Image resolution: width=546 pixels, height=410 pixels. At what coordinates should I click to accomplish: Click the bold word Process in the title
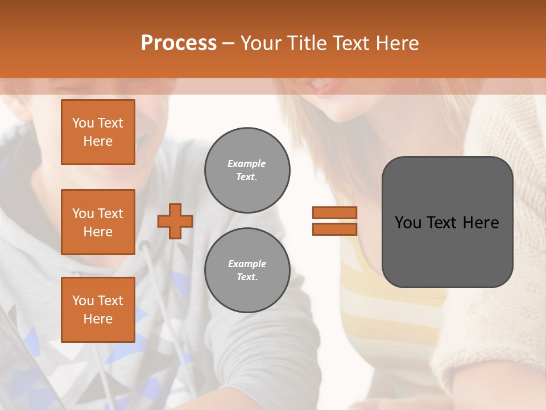tap(179, 43)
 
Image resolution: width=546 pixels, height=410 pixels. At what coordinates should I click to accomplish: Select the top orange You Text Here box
tap(98, 132)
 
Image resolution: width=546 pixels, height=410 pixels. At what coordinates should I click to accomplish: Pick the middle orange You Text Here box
tap(98, 222)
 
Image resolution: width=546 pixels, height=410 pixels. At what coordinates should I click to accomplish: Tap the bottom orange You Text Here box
tap(98, 309)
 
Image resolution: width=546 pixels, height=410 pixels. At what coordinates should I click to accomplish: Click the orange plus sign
tap(175, 221)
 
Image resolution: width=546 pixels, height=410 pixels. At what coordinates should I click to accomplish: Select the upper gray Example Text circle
tap(247, 170)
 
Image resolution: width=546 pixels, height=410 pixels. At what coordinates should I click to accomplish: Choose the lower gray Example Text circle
tap(247, 270)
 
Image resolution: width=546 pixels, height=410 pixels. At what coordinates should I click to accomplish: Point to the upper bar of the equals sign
tap(334, 212)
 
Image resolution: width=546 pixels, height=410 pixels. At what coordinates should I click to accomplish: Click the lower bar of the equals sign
tap(334, 229)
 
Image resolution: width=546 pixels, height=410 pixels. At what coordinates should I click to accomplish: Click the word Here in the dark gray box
tap(481, 223)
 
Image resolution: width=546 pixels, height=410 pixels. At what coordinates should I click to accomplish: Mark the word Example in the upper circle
tap(247, 163)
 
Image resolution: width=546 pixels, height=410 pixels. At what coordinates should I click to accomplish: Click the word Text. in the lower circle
tap(247, 277)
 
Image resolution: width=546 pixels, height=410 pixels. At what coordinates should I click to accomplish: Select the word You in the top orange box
tap(83, 123)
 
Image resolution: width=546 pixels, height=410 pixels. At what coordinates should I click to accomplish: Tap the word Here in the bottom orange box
tap(98, 319)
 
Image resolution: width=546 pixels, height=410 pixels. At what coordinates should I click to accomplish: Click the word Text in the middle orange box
tap(110, 214)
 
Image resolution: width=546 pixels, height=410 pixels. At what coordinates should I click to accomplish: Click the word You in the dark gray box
tap(408, 223)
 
